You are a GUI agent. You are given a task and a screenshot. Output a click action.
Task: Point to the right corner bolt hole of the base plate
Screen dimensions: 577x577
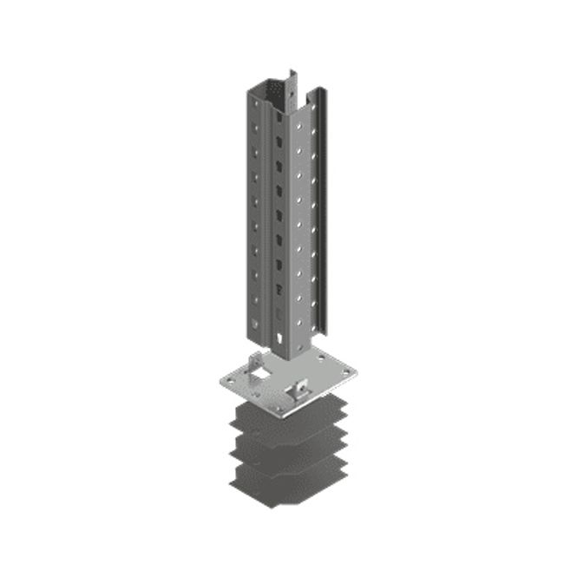346,374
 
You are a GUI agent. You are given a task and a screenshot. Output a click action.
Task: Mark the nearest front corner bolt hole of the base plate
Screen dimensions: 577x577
279,404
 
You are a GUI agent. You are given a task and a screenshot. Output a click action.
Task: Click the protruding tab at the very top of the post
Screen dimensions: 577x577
292,80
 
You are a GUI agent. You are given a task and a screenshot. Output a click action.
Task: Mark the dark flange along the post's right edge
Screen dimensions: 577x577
320,217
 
